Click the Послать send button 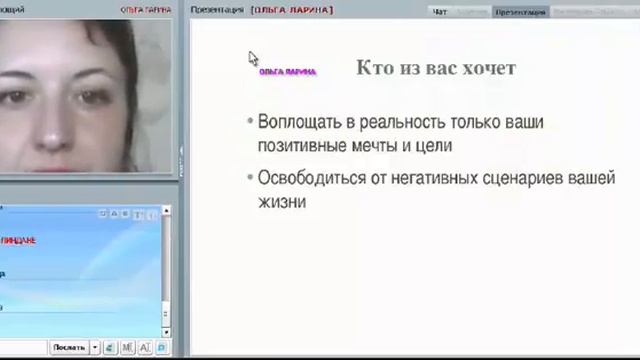point(69,347)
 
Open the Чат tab point(440,12)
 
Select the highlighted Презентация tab point(520,12)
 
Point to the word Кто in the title point(373,68)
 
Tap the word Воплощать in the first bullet point(296,123)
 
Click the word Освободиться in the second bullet point(310,178)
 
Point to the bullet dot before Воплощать point(249,122)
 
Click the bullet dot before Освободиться point(249,178)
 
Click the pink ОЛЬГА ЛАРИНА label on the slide point(287,72)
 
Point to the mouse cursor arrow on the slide point(253,59)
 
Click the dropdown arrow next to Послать point(95,347)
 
